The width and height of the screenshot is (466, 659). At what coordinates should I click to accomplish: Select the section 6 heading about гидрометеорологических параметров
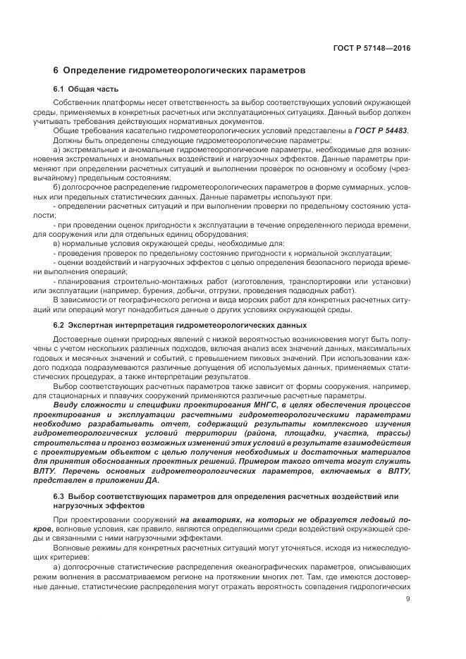pos(180,71)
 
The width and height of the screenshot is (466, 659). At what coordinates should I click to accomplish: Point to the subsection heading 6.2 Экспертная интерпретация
pos(180,325)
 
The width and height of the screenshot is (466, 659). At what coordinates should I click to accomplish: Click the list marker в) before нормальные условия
pos(57,242)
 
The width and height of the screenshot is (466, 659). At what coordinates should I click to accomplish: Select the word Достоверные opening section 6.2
pos(78,340)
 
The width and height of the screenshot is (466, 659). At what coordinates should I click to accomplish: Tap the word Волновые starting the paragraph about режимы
pos(73,547)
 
